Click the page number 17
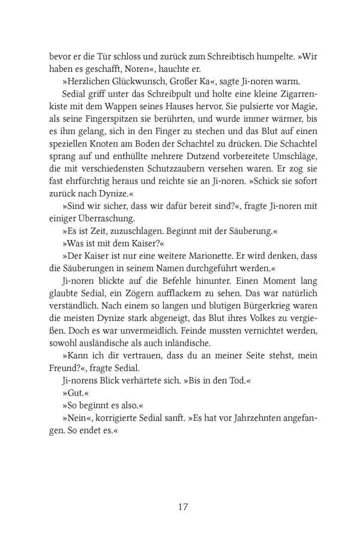click(x=184, y=506)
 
